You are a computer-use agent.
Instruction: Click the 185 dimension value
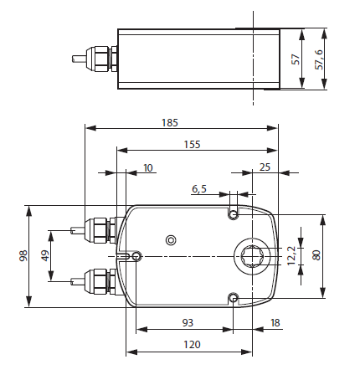171,122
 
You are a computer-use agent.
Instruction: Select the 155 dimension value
193,144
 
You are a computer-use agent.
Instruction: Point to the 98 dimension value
23,256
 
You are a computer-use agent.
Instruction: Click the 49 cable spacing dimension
45,254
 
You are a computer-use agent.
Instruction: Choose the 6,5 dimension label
199,189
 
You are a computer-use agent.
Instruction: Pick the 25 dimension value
265,167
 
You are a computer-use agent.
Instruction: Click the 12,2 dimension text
291,255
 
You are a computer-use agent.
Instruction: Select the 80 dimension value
316,255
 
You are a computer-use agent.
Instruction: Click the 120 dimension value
193,344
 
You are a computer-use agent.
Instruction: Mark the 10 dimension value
148,167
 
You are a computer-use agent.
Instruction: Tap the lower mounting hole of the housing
234,297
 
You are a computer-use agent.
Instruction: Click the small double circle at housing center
171,240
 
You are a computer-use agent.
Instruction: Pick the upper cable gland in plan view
100,229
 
